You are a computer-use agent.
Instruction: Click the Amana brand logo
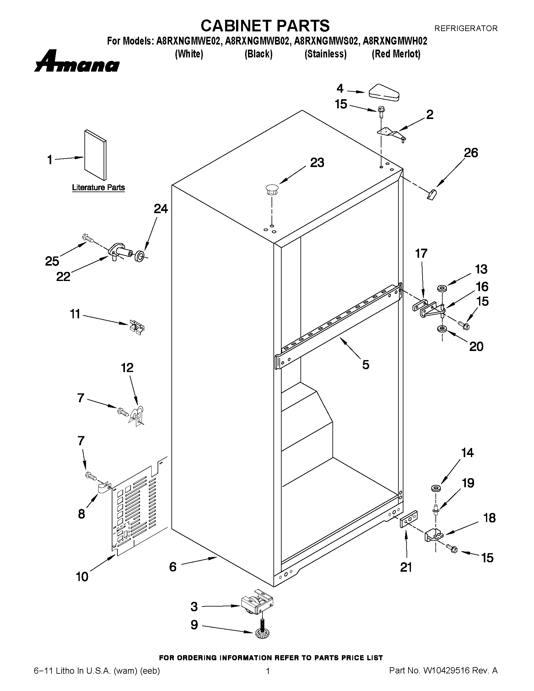click(77, 62)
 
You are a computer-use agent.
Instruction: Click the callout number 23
click(317, 163)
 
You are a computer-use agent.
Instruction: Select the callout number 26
click(471, 153)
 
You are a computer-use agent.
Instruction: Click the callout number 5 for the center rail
click(366, 365)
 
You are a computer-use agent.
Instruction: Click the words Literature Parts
click(98, 188)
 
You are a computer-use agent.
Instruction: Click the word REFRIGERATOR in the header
click(466, 29)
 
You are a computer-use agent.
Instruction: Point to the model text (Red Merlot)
click(396, 54)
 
